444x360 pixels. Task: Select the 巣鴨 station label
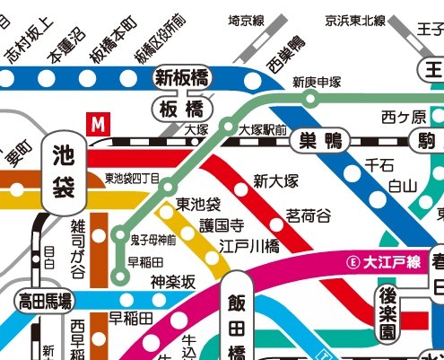pos(320,140)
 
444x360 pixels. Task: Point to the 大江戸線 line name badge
pos(383,263)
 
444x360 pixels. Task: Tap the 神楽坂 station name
pos(172,282)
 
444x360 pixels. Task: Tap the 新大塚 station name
pos(274,181)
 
